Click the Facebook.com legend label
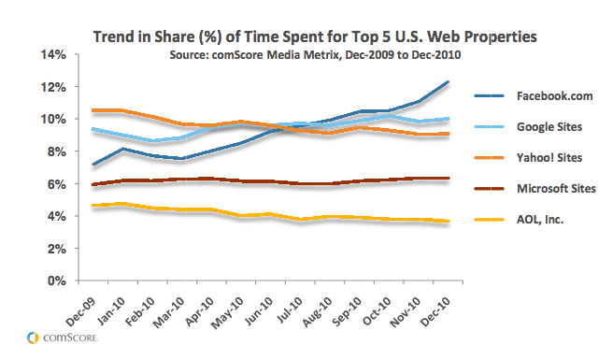[x=554, y=96]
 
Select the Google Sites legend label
[x=549, y=127]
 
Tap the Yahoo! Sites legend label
[x=549, y=158]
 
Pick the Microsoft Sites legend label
[x=556, y=189]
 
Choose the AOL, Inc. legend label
[x=540, y=220]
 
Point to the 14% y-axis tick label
[x=53, y=54]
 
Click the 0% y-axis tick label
[x=56, y=281]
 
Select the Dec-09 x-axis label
[x=80, y=311]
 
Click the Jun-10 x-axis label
[x=259, y=311]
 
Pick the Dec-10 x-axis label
[x=435, y=311]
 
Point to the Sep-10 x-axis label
[x=347, y=311]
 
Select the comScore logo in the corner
[x=63, y=338]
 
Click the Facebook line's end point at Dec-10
[x=448, y=81]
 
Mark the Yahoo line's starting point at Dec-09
[x=93, y=110]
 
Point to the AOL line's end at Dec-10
[x=448, y=221]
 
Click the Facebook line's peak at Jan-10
[x=122, y=149]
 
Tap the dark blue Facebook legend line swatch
[x=489, y=96]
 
